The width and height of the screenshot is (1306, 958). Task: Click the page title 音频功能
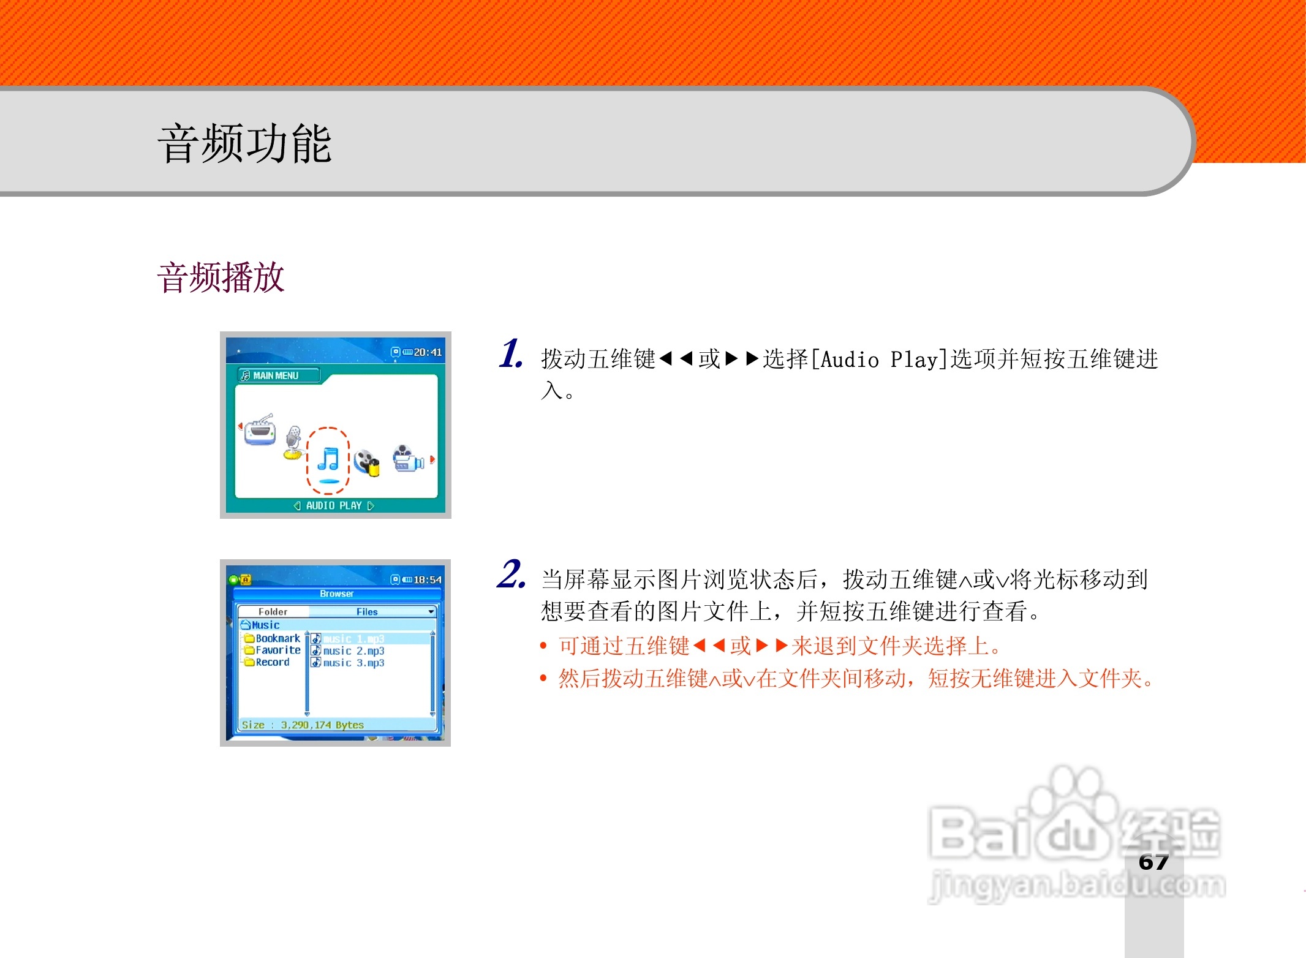[x=244, y=143]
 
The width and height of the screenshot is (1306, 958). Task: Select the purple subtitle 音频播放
[x=221, y=277]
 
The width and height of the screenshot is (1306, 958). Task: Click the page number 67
[x=1153, y=862]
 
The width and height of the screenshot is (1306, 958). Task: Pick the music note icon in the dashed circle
[x=328, y=460]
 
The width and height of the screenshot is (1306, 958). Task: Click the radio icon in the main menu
[x=260, y=430]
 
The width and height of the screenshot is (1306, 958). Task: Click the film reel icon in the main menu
[x=367, y=462]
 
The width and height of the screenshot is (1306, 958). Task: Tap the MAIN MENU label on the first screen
[x=275, y=375]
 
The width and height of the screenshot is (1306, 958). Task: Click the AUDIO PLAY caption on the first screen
[x=334, y=506]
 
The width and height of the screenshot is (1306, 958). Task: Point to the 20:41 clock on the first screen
[x=427, y=352]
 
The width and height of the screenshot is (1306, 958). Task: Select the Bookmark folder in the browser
[x=277, y=638]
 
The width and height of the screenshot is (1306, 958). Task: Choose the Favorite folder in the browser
[x=277, y=651]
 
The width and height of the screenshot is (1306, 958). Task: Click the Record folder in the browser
[x=272, y=662]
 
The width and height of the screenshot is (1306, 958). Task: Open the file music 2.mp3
[x=353, y=651]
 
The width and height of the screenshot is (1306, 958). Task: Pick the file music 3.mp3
[x=353, y=663]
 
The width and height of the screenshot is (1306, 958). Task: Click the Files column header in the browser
[x=367, y=612]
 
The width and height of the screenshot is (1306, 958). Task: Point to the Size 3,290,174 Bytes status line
[x=303, y=725]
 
